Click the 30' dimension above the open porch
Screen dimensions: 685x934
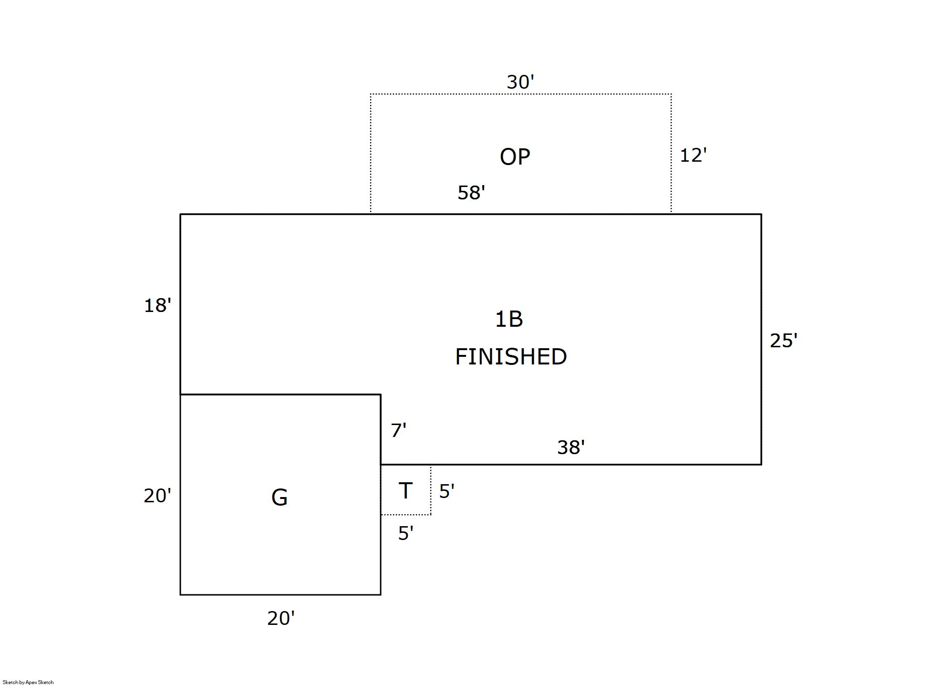click(520, 83)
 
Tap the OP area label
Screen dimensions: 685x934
click(515, 157)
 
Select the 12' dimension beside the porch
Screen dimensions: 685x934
click(693, 156)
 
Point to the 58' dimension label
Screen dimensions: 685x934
click(471, 193)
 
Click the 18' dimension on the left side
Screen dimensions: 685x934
click(157, 305)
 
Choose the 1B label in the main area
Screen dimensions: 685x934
click(509, 319)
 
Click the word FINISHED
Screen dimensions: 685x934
click(511, 357)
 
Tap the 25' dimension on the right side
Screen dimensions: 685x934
click(783, 341)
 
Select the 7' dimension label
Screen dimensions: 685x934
click(398, 431)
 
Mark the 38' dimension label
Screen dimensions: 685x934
click(571, 447)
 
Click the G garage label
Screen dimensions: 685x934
click(280, 498)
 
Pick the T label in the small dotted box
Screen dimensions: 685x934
click(405, 491)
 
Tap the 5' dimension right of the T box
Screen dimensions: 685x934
click(446, 492)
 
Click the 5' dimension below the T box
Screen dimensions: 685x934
click(405, 533)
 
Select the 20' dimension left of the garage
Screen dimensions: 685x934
click(157, 496)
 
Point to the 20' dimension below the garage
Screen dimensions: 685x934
click(280, 619)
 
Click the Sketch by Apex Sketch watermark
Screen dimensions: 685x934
click(28, 682)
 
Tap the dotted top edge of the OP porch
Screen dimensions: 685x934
click(521, 94)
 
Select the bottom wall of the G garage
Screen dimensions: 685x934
click(280, 595)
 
